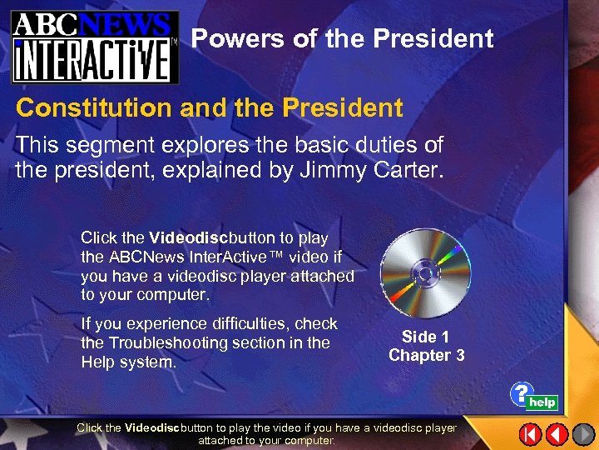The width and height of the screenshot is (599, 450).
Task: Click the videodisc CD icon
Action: tap(425, 273)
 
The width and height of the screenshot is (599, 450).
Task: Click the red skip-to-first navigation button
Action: tap(531, 434)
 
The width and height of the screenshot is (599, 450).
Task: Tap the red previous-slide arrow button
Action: tap(557, 434)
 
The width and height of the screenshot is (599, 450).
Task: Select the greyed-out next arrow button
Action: tap(583, 434)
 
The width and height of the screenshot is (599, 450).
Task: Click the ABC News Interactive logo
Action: tap(94, 46)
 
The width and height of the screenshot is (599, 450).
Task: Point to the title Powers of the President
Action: tap(342, 39)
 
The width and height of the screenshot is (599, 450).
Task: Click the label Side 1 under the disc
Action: tap(425, 337)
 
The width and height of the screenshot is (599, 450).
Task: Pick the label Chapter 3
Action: tap(426, 356)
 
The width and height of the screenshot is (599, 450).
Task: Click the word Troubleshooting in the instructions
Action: tap(166, 342)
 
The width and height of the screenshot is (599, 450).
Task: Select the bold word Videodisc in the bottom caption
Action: tap(151, 427)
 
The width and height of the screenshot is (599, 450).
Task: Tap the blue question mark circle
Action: tap(520, 393)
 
